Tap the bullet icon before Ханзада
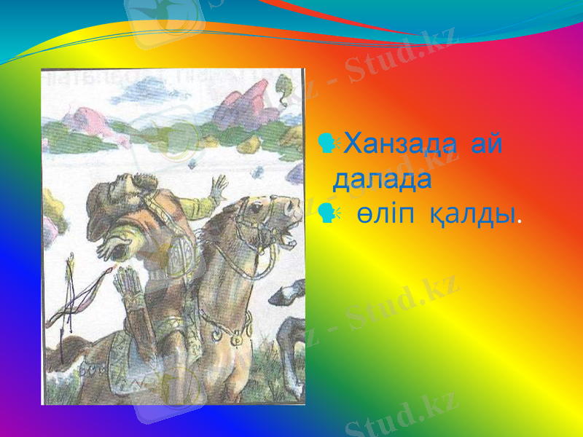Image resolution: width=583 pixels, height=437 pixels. coord(328,143)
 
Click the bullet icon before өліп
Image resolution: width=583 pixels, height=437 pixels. coord(328,213)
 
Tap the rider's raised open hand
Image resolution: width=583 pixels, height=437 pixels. coord(217,188)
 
